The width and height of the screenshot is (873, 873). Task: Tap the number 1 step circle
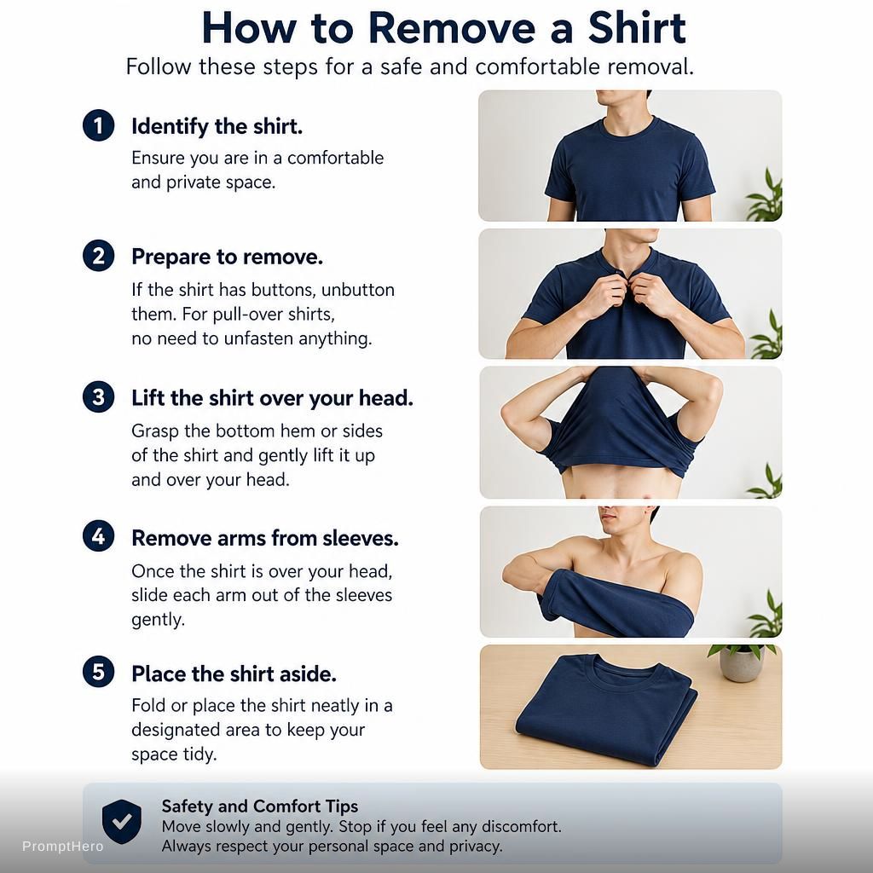(x=99, y=125)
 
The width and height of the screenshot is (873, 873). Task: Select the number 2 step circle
(x=99, y=256)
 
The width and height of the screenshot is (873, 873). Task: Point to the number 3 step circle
(x=99, y=397)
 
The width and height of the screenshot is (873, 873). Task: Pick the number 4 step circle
(x=99, y=536)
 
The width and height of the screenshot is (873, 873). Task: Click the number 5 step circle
(x=99, y=672)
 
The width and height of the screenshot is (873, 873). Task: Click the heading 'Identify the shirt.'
(x=217, y=127)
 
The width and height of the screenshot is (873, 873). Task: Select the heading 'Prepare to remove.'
(x=227, y=257)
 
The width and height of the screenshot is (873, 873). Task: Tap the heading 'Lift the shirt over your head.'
(x=272, y=398)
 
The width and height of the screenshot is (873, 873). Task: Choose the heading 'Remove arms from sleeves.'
(x=265, y=538)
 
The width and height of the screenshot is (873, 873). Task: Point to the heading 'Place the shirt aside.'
(x=234, y=674)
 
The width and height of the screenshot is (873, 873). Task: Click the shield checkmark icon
(x=121, y=822)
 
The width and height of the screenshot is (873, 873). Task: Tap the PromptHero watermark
(x=63, y=847)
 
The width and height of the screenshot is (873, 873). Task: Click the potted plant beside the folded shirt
(x=741, y=662)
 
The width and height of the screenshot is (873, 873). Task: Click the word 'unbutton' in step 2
(x=358, y=290)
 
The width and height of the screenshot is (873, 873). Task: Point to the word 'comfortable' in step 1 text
(x=335, y=158)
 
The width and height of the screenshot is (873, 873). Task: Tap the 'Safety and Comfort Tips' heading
(x=259, y=807)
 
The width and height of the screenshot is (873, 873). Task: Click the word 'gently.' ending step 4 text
(x=158, y=620)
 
